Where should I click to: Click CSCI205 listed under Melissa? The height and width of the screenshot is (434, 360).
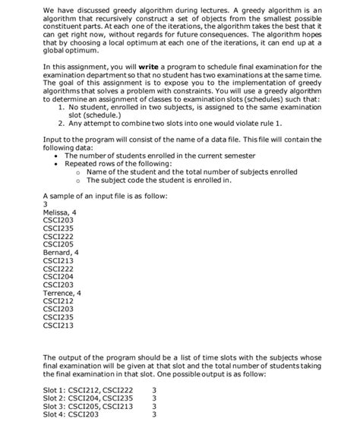click(60, 244)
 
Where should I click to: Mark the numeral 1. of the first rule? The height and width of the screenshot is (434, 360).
click(62, 121)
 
